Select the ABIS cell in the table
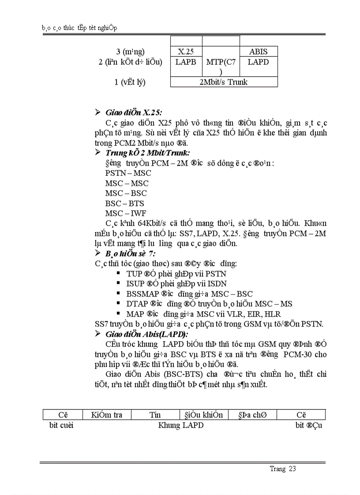tap(258, 52)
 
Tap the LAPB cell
tap(185, 62)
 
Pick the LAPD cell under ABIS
tap(258, 62)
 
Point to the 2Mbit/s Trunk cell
tap(224, 82)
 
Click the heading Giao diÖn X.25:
tap(133, 112)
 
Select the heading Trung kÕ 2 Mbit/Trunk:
tap(147, 153)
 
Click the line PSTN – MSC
tap(128, 173)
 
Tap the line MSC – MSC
tap(127, 183)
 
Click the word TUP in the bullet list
tap(134, 274)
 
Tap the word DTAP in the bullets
tap(137, 304)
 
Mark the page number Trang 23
tap(283, 469)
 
